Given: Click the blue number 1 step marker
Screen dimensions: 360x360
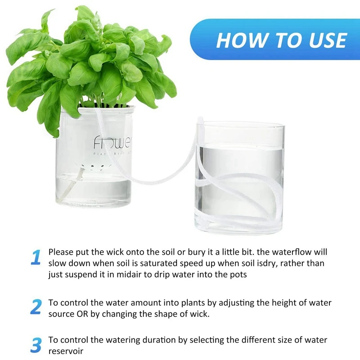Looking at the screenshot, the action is tap(36, 257).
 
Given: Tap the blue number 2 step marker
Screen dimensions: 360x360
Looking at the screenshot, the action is tap(36, 306).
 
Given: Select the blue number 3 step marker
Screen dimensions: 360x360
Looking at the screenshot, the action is tap(36, 345).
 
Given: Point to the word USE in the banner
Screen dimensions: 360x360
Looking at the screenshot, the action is tap(328, 40).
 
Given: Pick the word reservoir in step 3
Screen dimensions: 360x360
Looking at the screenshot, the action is tap(66, 351).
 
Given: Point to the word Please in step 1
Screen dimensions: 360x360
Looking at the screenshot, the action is tap(61, 252).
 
